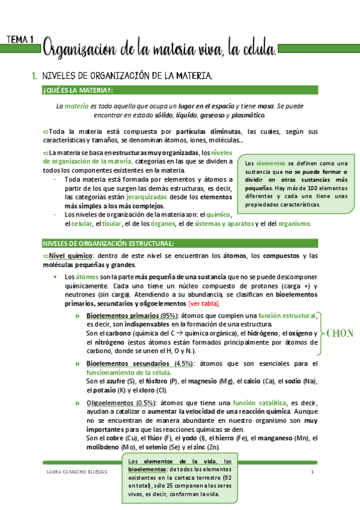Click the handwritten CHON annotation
[x=340, y=333]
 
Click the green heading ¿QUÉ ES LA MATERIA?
[x=78, y=90]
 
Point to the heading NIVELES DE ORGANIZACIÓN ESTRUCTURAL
[x=108, y=243]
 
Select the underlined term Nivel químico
[x=71, y=256]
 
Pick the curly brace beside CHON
[x=321, y=333]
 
